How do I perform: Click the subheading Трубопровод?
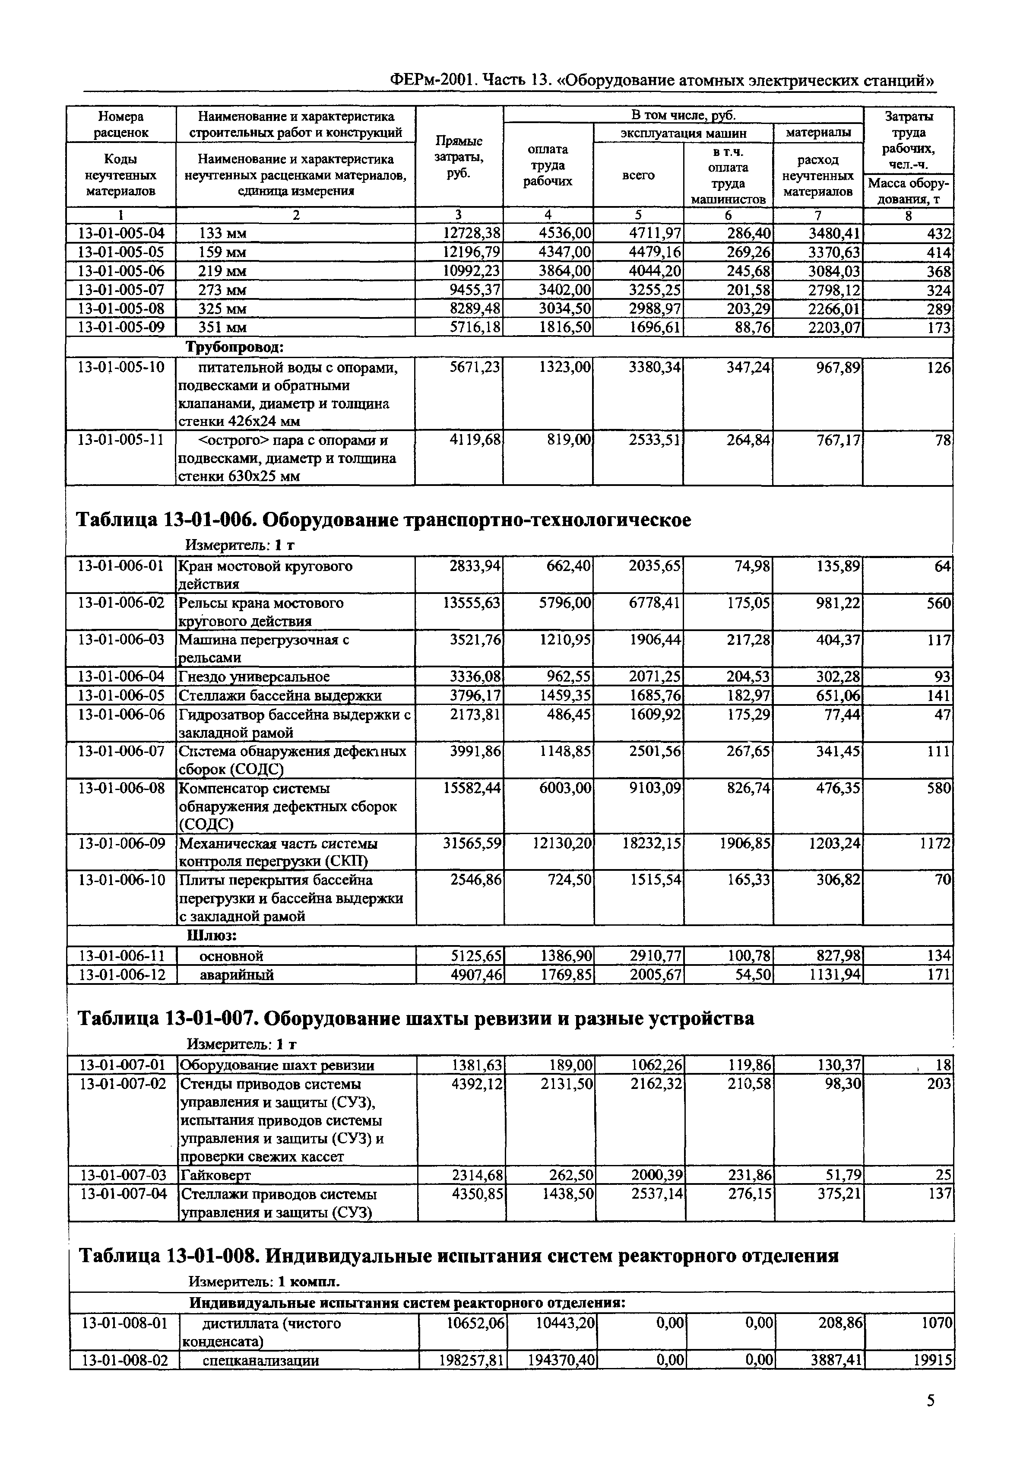pyautogui.click(x=234, y=347)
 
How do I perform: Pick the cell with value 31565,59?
pyautogui.click(x=472, y=844)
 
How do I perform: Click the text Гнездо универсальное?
pyautogui.click(x=254, y=676)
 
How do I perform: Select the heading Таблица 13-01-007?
pyautogui.click(x=415, y=1018)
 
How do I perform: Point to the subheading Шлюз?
pyautogui.click(x=212, y=936)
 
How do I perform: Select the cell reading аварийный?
pyautogui.click(x=237, y=975)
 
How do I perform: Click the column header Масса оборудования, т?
pyautogui.click(x=908, y=190)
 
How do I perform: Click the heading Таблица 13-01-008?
pyautogui.click(x=458, y=1256)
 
